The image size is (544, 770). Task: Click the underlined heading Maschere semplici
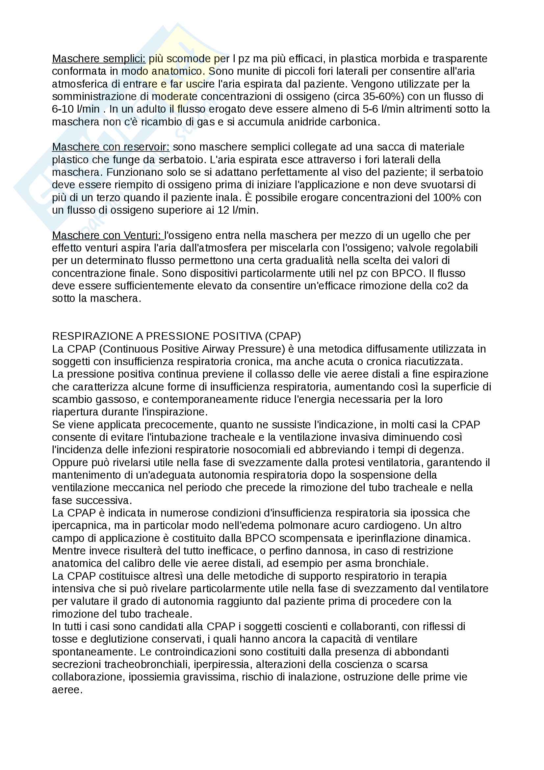98,59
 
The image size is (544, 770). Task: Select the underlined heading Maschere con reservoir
111,147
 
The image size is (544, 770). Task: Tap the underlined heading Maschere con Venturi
107,235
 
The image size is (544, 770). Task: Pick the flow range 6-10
63,109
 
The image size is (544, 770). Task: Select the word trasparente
459,59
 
